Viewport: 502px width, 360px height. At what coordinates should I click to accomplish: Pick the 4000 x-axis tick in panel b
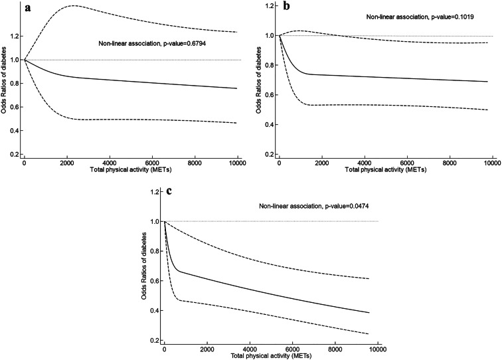point(364,163)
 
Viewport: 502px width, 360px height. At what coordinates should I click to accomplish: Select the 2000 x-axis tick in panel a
point(67,163)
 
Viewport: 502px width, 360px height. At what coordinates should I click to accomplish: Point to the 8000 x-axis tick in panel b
point(449,163)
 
